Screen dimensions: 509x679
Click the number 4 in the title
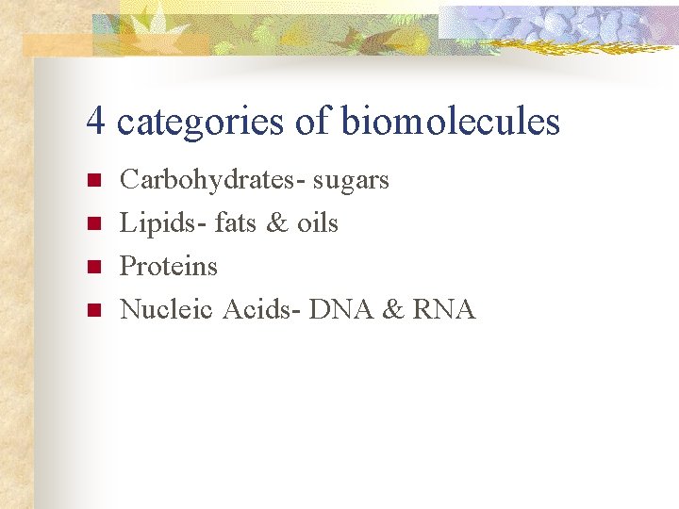click(x=94, y=122)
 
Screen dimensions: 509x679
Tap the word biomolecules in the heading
click(x=450, y=122)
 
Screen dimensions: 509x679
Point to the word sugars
click(x=351, y=181)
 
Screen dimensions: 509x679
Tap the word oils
click(x=318, y=223)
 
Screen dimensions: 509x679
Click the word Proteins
click(x=169, y=267)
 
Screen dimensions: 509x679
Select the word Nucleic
click(x=167, y=309)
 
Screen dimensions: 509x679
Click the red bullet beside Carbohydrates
click(x=92, y=181)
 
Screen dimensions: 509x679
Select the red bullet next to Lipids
click(x=92, y=224)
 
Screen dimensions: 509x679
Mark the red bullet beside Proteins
click(x=92, y=267)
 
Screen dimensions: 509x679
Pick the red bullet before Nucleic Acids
click(x=92, y=310)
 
